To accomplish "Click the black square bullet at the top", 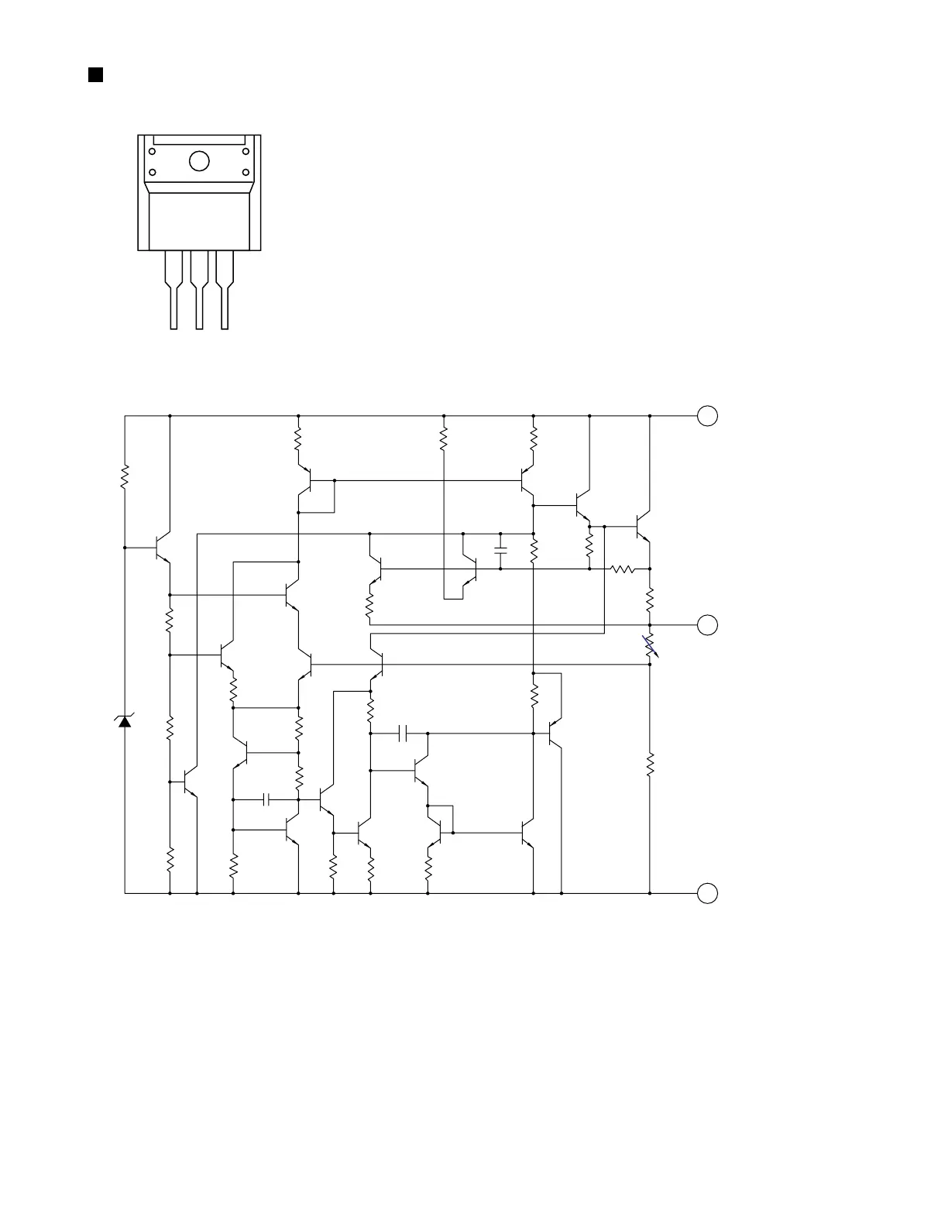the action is coord(95,75).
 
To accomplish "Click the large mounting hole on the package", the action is coord(199,161).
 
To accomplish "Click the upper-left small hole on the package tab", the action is coord(153,152).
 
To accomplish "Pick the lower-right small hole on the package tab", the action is coord(246,172).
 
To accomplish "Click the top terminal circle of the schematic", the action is coord(707,416).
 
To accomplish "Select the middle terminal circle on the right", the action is coord(707,624).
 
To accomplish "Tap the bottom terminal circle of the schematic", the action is coord(707,893).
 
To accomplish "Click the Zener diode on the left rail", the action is coord(125,721).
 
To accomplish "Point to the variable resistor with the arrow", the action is coord(650,645).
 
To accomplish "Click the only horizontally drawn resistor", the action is coord(623,569).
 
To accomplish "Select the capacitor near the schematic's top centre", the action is coord(500,551).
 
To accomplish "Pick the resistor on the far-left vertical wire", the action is coord(125,477).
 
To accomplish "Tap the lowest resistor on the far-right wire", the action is coord(650,764).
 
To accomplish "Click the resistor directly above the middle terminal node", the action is coord(650,598).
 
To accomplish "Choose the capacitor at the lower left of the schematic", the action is coord(266,799).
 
